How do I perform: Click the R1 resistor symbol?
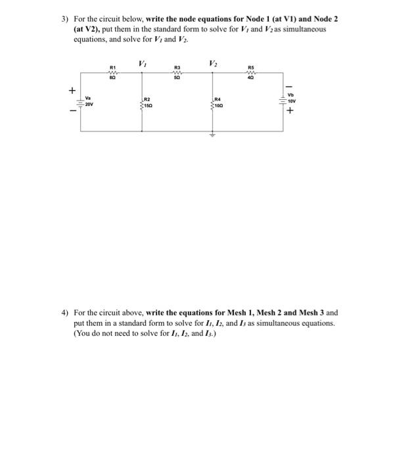click(112, 72)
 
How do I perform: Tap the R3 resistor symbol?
click(177, 72)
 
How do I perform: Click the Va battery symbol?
click(81, 103)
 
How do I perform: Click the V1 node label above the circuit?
click(142, 64)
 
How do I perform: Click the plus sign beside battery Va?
click(73, 91)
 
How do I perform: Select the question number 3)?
click(57, 20)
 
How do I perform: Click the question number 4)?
click(57, 313)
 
